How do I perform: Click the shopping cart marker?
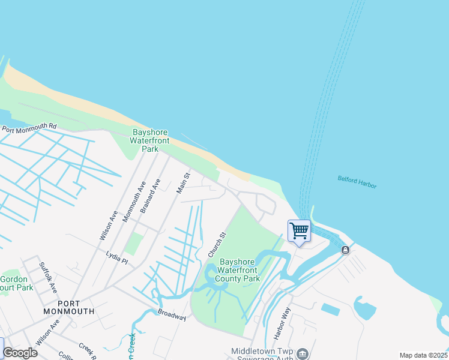[x=299, y=231]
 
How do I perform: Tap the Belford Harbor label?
[x=357, y=182]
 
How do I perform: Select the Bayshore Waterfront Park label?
[x=150, y=140]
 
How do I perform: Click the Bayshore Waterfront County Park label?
[x=240, y=270]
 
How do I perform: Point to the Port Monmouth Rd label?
[x=28, y=128]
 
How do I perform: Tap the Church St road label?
[x=217, y=245]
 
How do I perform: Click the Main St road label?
[x=183, y=183]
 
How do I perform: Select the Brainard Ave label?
[x=151, y=196]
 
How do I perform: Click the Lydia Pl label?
[x=116, y=257]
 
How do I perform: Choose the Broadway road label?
[x=172, y=315]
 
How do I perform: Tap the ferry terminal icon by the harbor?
[x=345, y=250]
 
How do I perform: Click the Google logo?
[x=20, y=353]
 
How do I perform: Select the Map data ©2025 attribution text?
[x=423, y=355]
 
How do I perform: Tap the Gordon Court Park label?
[x=14, y=283]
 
